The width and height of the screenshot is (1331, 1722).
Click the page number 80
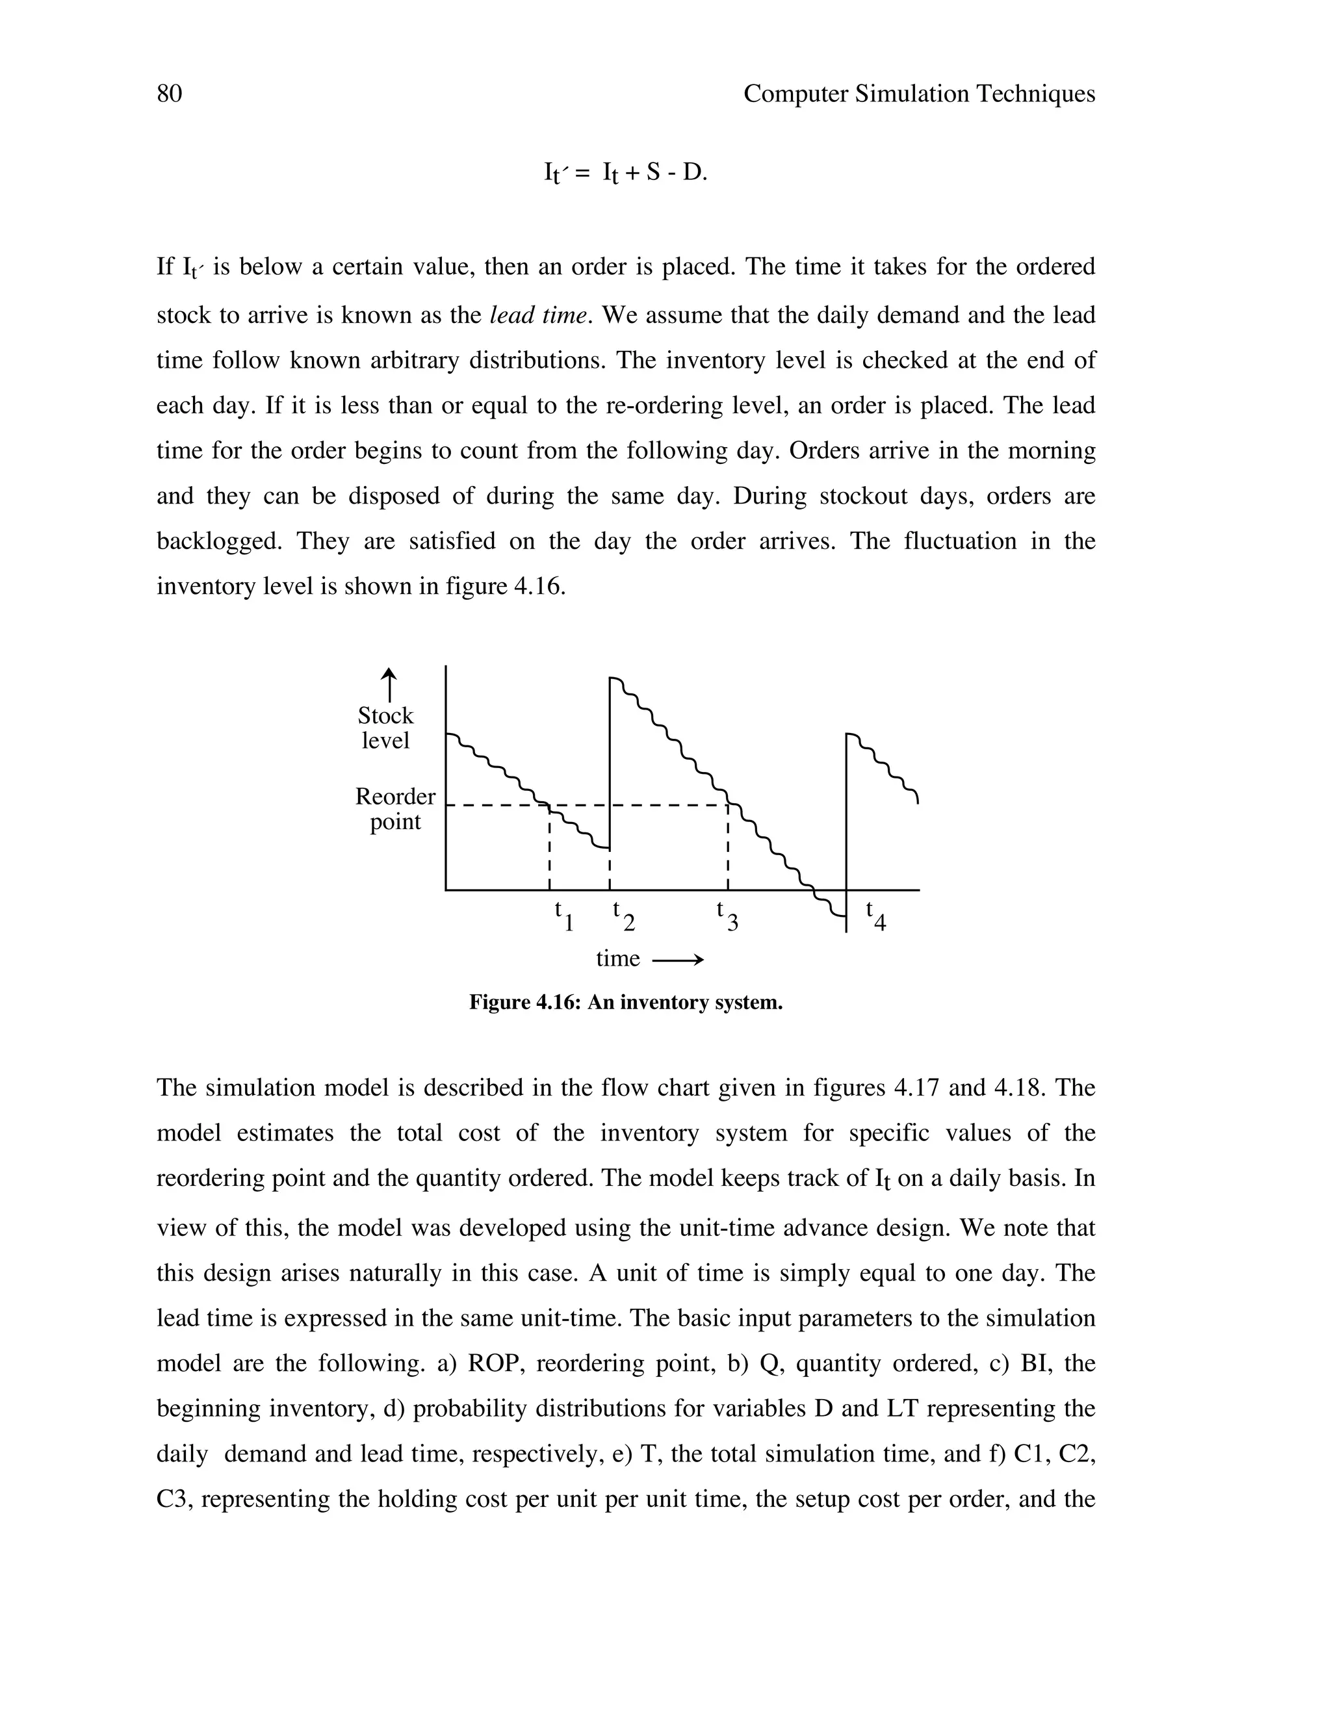170,94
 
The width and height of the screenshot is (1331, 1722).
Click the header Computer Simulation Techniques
918,94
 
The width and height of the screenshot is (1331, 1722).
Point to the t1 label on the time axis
563,916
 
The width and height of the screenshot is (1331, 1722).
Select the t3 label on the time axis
726,916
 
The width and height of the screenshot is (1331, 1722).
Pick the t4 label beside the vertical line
875,916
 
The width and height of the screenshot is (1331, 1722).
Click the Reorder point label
395,809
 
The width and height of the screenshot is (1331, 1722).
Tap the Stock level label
385,728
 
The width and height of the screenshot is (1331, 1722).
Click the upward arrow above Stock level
389,684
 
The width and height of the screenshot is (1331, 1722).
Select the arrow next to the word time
677,960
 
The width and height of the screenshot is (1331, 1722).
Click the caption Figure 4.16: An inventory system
625,1002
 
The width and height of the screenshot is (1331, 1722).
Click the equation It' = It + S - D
625,173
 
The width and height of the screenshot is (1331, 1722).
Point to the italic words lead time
537,315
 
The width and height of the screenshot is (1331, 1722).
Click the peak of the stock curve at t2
613,678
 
